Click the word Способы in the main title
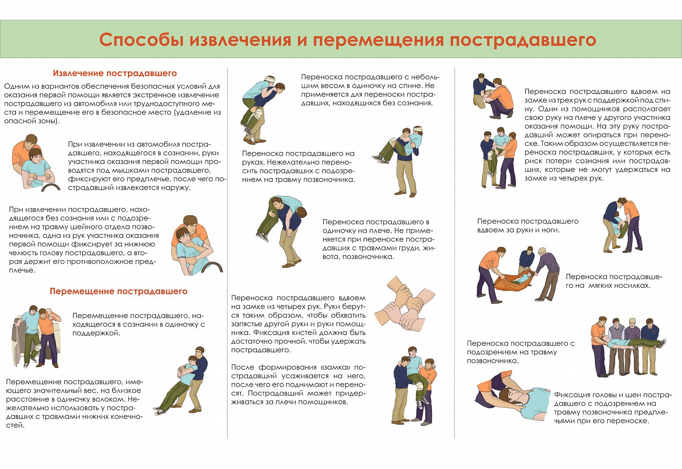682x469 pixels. [x=141, y=40]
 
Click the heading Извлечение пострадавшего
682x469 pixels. [x=115, y=73]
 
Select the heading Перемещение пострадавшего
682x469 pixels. [x=118, y=292]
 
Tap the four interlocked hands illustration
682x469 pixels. [x=405, y=304]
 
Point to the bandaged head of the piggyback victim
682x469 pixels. [x=270, y=81]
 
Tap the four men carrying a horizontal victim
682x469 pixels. [x=628, y=347]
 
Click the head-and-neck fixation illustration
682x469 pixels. [x=513, y=396]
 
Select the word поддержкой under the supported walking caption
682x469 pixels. [x=96, y=333]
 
